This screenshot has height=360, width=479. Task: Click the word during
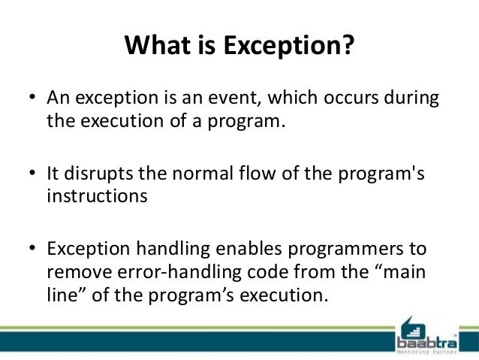point(413,100)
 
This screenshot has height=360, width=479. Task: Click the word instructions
point(95,196)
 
